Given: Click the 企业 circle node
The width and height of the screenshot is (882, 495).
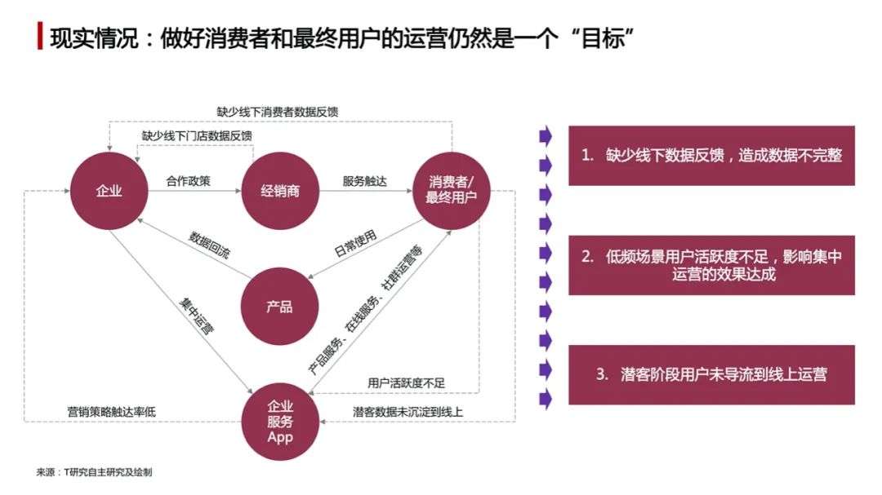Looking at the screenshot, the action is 109,191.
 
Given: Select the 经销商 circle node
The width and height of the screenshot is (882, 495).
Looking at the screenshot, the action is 280,191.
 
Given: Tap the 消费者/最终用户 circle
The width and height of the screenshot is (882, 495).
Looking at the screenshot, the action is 452,191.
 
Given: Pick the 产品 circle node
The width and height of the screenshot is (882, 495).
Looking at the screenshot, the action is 279,306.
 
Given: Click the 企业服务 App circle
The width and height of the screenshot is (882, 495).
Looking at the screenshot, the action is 280,422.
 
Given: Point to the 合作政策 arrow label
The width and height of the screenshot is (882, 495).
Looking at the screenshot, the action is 189,181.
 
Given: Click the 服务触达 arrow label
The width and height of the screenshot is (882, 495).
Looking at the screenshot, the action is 365,181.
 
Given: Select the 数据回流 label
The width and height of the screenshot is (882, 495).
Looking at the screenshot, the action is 209,245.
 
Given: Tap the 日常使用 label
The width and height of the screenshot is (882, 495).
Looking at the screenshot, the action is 355,243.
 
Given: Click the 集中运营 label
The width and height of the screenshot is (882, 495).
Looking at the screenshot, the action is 196,316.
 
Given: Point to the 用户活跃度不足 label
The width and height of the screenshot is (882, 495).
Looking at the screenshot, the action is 406,383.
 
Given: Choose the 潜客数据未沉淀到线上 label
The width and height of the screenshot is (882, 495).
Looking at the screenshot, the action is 408,412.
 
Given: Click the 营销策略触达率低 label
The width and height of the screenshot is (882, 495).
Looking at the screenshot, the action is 111,412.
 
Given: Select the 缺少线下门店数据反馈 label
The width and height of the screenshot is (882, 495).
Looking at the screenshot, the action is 197,136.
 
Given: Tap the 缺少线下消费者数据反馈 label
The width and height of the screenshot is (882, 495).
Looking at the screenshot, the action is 278,112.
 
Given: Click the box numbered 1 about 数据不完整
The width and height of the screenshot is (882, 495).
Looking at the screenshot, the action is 711,156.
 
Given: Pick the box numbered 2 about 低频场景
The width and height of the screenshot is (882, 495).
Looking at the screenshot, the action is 711,265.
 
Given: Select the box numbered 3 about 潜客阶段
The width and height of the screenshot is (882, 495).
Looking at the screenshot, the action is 711,375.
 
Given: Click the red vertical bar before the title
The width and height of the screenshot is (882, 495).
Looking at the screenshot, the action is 40,36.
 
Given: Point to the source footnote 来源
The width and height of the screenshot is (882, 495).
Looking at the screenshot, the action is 95,472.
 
